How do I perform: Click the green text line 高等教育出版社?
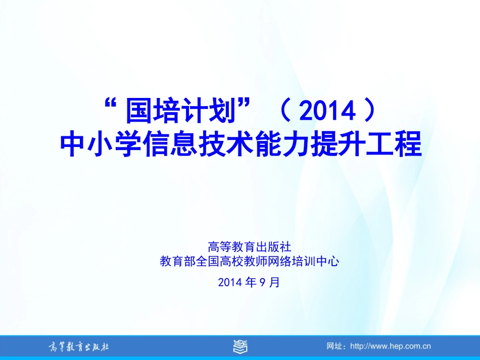[x=249, y=247]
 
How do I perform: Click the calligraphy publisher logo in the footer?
[x=78, y=347]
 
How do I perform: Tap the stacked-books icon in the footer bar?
[x=240, y=346]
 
